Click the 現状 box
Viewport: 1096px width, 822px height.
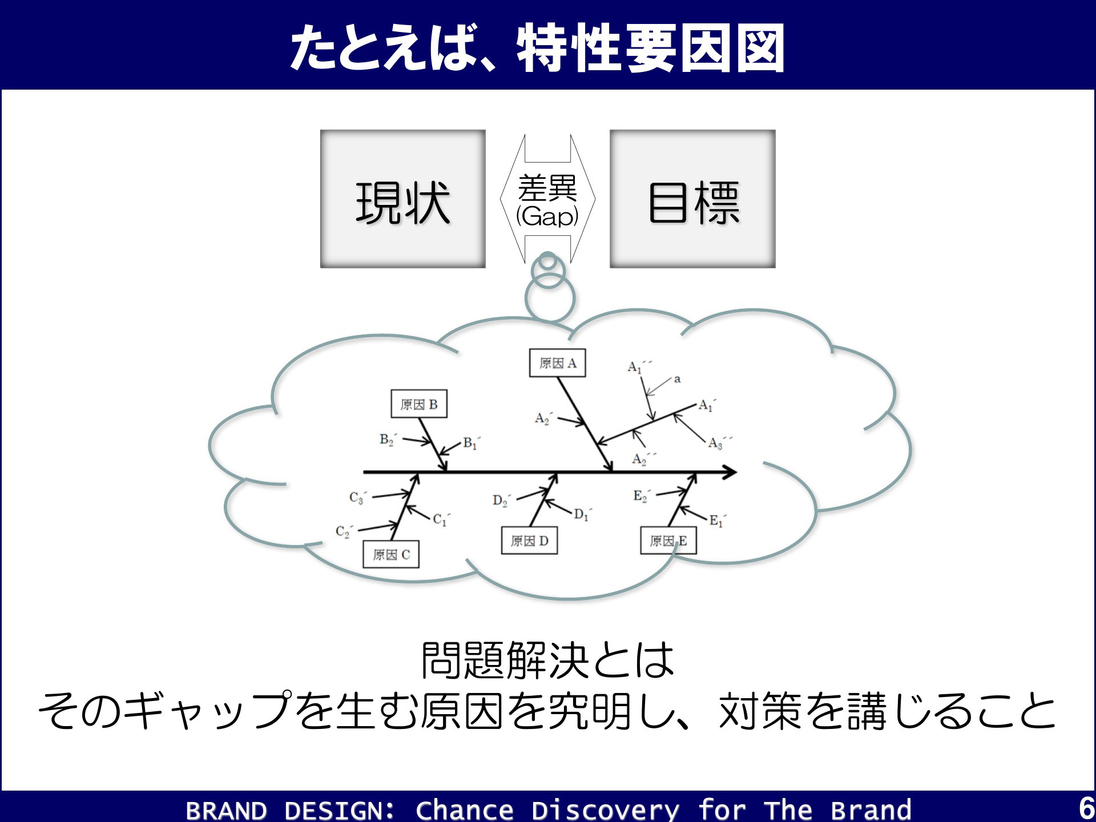(403, 199)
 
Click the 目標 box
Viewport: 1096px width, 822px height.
(692, 199)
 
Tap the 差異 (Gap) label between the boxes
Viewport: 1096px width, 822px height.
(547, 201)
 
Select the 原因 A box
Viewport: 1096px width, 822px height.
(558, 363)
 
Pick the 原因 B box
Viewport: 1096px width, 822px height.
(419, 404)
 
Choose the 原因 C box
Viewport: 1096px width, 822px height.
(391, 554)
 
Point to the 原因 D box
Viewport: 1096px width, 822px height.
(530, 541)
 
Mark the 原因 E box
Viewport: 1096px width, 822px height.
(668, 541)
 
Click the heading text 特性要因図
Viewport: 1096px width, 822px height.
(651, 48)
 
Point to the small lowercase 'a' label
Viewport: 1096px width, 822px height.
(677, 378)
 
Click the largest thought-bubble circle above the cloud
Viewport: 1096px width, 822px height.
(550, 299)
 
